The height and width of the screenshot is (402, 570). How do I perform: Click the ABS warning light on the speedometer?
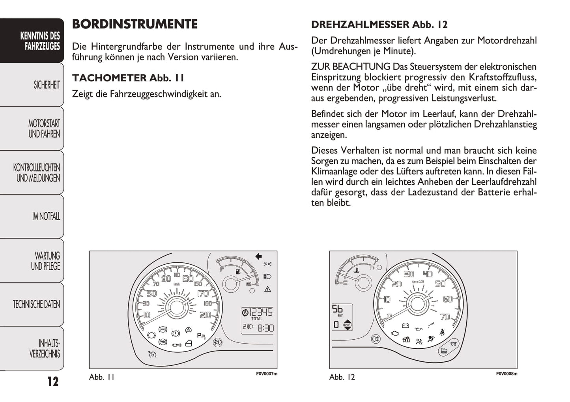(162, 329)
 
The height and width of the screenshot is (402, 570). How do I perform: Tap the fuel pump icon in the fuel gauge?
(237, 272)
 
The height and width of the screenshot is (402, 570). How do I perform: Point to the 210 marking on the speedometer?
(206, 315)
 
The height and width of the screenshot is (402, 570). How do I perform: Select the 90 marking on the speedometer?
(166, 279)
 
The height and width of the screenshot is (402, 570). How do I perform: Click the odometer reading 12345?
(261, 312)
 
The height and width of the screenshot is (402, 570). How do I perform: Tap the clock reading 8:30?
(265, 328)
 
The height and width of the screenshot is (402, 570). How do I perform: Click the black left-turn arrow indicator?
(259, 256)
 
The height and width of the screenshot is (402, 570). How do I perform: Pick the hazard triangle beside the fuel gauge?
(268, 289)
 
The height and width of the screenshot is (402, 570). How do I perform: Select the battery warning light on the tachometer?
(405, 325)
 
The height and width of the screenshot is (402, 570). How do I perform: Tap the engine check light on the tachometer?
(394, 333)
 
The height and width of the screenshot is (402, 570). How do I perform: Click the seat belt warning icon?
(443, 332)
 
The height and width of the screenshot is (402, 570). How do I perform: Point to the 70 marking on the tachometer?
(445, 317)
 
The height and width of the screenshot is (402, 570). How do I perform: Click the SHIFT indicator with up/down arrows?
(348, 325)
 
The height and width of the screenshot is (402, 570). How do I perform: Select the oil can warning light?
(419, 327)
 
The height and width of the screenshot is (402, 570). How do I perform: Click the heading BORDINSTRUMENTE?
(135, 24)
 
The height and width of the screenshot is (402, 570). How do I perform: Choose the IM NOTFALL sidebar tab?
(46, 216)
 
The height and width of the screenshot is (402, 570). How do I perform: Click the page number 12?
(53, 381)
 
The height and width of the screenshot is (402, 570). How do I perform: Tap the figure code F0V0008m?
(506, 374)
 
